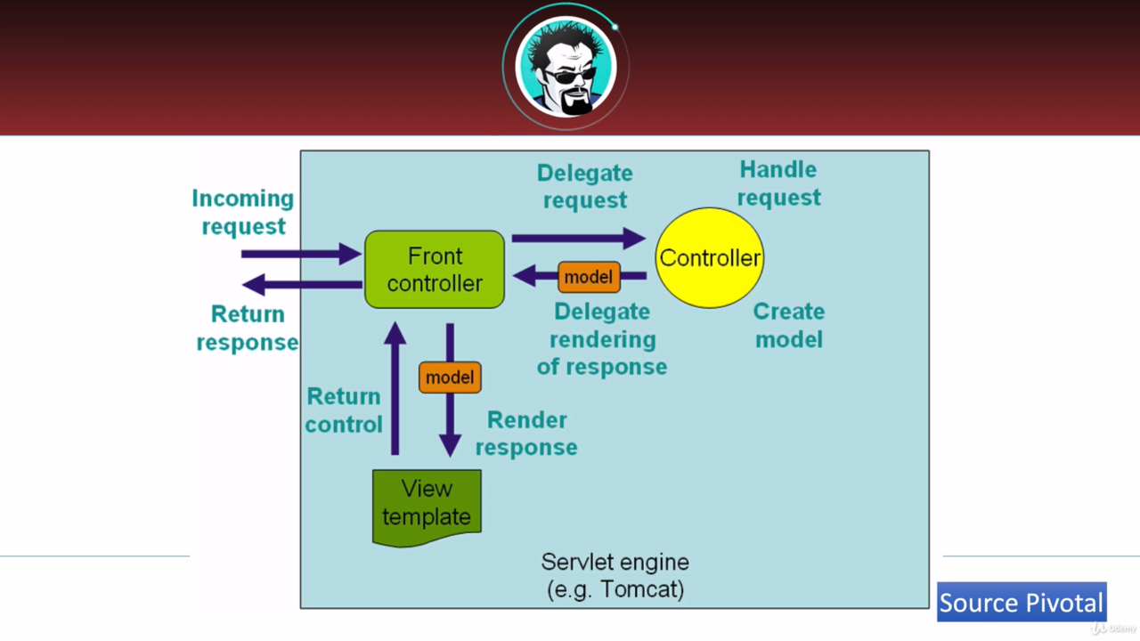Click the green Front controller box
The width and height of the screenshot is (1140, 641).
[x=435, y=270]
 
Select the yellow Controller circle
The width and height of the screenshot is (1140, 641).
[x=709, y=258]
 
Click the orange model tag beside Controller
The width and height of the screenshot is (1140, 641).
[x=589, y=277]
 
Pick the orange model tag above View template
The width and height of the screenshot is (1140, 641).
[x=450, y=377]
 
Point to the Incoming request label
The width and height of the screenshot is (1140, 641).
[x=242, y=212]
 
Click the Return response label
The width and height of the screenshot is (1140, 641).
[x=247, y=329]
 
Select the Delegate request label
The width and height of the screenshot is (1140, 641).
[x=585, y=187]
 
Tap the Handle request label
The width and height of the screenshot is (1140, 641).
[x=778, y=183]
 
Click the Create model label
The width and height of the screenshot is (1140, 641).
[x=788, y=325]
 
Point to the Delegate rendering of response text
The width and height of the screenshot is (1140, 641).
[x=602, y=339]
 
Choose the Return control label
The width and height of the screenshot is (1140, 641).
[x=343, y=410]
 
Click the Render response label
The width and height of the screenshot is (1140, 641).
[x=526, y=434]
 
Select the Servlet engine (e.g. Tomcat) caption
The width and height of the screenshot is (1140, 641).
[x=615, y=576]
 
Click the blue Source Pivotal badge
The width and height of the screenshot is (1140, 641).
[x=1022, y=603]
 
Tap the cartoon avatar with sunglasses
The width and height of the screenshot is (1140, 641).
[x=566, y=67]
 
